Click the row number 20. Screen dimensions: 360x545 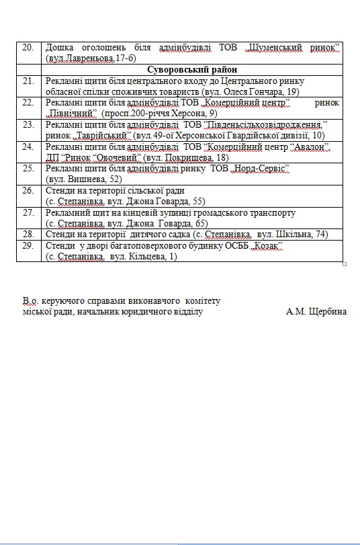(28, 48)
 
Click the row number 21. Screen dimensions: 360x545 (28, 81)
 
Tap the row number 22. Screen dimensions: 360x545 (28, 102)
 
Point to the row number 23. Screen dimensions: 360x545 (28, 124)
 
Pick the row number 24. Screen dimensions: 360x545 (28, 146)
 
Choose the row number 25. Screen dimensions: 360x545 (28, 168)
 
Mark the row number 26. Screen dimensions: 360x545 (28, 190)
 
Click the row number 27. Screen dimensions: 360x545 (28, 212)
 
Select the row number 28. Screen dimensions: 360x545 (28, 234)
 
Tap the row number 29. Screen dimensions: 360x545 (28, 245)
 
